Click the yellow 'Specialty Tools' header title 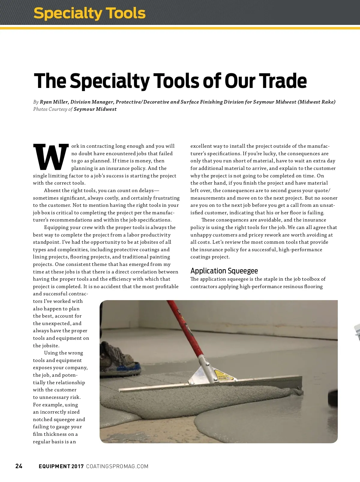coord(89,14)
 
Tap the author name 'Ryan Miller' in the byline coord(54,102)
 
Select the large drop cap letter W coord(51,157)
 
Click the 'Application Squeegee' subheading coord(224,271)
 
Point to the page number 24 coord(19,466)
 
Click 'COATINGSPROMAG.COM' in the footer coord(117,466)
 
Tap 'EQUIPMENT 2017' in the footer coord(61,466)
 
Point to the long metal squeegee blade coord(210,386)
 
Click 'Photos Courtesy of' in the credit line coord(53,109)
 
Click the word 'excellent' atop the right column coord(201,146)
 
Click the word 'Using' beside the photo coord(51,353)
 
